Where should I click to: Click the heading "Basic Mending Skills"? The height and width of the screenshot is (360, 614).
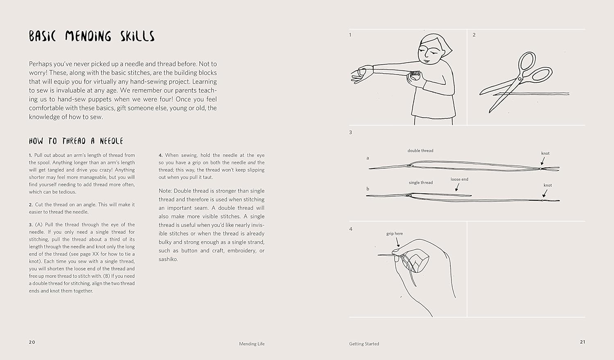point(92,36)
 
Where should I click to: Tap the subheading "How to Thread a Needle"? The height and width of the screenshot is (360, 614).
point(76,141)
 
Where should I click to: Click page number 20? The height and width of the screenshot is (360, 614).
point(32,342)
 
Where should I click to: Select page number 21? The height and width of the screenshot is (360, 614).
point(582,342)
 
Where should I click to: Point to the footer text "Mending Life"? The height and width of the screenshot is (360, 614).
point(252,344)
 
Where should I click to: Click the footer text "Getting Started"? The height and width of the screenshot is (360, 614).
point(364,344)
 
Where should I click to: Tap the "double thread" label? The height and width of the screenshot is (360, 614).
point(420,151)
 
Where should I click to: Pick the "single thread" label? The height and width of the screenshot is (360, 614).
point(420,183)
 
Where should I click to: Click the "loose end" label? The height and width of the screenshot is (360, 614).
point(459,179)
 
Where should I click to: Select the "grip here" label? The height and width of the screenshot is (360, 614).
point(395,234)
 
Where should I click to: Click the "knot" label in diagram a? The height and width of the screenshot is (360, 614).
point(545,154)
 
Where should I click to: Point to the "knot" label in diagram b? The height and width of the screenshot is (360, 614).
point(548,186)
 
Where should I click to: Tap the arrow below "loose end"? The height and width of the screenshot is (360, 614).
point(457,188)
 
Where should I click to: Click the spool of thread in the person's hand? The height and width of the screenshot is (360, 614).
point(415,75)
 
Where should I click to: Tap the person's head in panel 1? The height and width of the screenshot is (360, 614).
point(434,49)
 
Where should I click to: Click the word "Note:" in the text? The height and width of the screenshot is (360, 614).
point(165,191)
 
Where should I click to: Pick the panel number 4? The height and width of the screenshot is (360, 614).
point(351,229)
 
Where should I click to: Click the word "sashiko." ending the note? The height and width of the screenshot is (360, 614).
point(168,259)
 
